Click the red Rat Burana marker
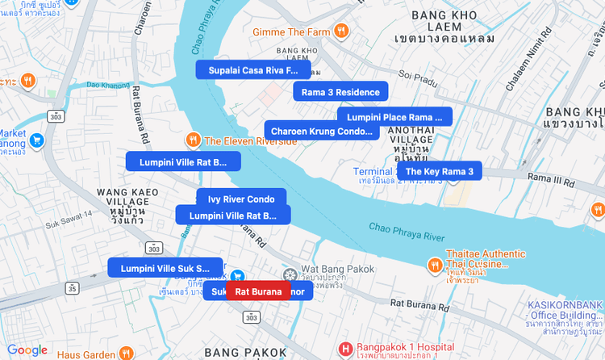258,291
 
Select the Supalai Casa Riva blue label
252,70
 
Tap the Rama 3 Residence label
340,92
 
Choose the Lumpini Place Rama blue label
394,117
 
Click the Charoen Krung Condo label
321,131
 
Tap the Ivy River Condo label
241,199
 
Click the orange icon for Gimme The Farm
342,31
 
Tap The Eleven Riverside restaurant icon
193,140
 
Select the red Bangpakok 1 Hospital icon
345,348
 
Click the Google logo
27,350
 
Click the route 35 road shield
73,287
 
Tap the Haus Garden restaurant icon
127,354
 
